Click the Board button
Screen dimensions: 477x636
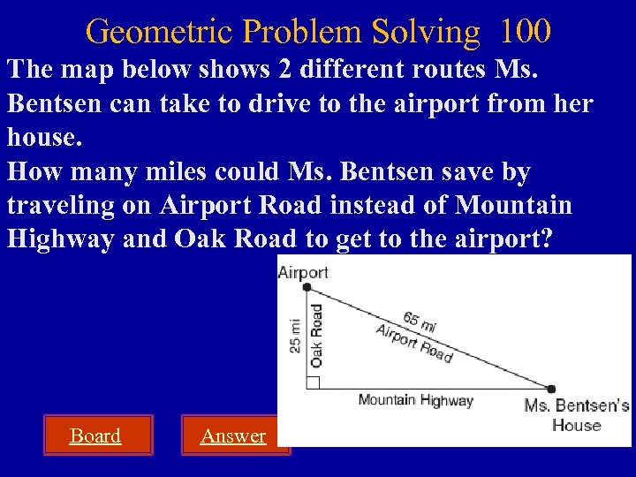(95, 435)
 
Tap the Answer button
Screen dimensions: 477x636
(233, 435)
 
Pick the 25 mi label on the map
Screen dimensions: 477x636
(295, 337)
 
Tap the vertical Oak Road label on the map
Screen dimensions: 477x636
(316, 336)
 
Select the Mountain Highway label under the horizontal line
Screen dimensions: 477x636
(415, 400)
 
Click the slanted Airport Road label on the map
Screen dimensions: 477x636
(413, 344)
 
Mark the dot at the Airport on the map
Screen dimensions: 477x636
(307, 287)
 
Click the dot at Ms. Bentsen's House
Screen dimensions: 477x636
(551, 388)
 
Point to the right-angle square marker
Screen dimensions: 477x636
(312, 382)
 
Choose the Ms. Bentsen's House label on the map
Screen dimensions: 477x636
(576, 415)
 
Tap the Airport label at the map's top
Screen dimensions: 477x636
(303, 272)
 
